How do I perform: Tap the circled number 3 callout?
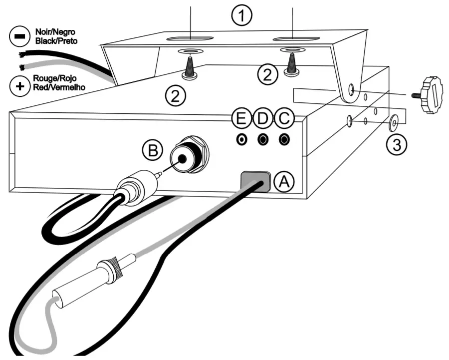pos(397,144)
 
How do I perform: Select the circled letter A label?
pos(283,183)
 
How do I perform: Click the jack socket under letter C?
pos(285,139)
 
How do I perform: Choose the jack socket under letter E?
pos(242,139)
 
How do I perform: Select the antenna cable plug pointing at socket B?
pos(138,184)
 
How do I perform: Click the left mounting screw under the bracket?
pos(190,67)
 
